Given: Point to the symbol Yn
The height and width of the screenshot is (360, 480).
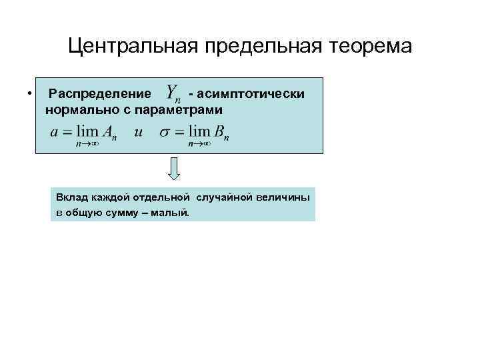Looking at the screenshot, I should (174, 94).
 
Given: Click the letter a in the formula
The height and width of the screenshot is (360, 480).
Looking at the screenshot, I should (55, 132).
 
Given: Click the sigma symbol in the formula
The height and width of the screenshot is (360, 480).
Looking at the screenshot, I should (164, 133).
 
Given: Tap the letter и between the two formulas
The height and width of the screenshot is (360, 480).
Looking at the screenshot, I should (138, 132).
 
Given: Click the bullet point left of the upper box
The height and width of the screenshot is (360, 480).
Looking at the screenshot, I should (31, 93).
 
